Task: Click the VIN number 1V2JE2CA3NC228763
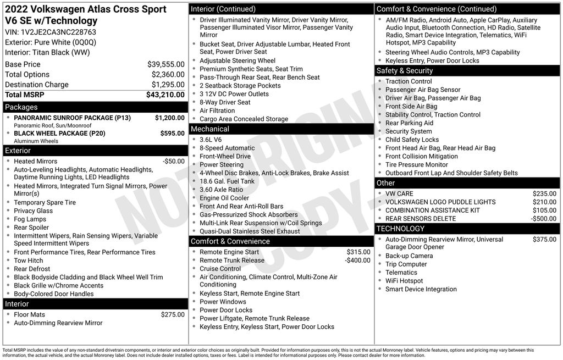pyautogui.click(x=59, y=32)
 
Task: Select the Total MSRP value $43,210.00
pyautogui.click(x=165, y=95)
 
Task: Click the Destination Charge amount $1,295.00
pyautogui.click(x=168, y=85)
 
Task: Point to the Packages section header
pyautogui.click(x=21, y=107)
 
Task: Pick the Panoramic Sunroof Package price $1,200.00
pyautogui.click(x=169, y=118)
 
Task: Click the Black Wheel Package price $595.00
pyautogui.click(x=172, y=133)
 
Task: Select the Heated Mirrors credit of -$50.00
pyautogui.click(x=174, y=161)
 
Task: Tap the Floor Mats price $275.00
pyautogui.click(x=173, y=314)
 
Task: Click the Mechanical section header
pyautogui.click(x=210, y=129)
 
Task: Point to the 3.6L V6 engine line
pyautogui.click(x=211, y=140)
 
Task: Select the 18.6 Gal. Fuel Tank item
pyautogui.click(x=227, y=181)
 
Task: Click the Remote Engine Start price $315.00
pyautogui.click(x=358, y=252)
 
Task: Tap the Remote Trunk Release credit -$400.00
pyautogui.click(x=357, y=260)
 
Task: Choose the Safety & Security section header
pyautogui.click(x=405, y=70)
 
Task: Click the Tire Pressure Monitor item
pyautogui.click(x=416, y=164)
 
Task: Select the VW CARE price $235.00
pyautogui.click(x=544, y=193)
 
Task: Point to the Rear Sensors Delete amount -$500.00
pyautogui.click(x=543, y=218)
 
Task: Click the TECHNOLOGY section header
pyautogui.click(x=400, y=229)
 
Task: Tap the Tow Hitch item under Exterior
pyautogui.click(x=29, y=261)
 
